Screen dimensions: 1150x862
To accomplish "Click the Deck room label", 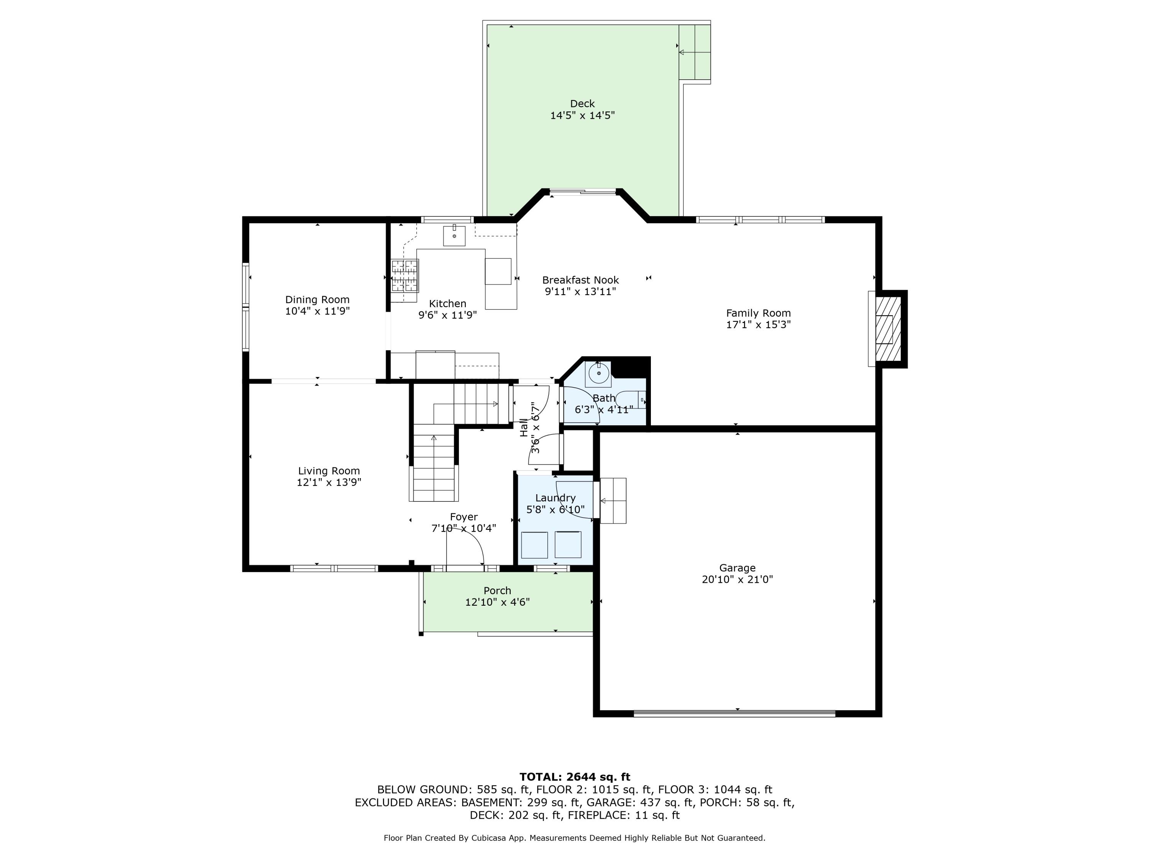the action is pos(582,104).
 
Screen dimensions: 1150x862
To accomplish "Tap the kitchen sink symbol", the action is pos(454,235).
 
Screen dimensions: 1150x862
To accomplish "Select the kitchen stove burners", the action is pos(405,275).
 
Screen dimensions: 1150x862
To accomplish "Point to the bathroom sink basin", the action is pos(599,373).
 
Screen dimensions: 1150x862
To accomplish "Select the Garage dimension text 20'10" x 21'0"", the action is pos(737,579).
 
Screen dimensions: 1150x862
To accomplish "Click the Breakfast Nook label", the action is pos(581,280).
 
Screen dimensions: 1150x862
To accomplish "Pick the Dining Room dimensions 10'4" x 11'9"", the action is pos(317,311).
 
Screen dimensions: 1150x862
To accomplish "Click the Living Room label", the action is pos(329,471).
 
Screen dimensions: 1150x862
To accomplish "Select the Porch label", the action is pos(498,591).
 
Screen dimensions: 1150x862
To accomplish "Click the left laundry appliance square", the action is pos(534,545).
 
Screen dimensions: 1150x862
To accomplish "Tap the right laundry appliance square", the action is pos(568,544).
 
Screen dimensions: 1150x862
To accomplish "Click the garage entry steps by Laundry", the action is pos(613,501).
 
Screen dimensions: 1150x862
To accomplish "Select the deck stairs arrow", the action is pos(694,52).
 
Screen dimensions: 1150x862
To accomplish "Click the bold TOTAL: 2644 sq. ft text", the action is pos(575,777).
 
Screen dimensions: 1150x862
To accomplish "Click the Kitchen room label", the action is pos(448,303).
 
